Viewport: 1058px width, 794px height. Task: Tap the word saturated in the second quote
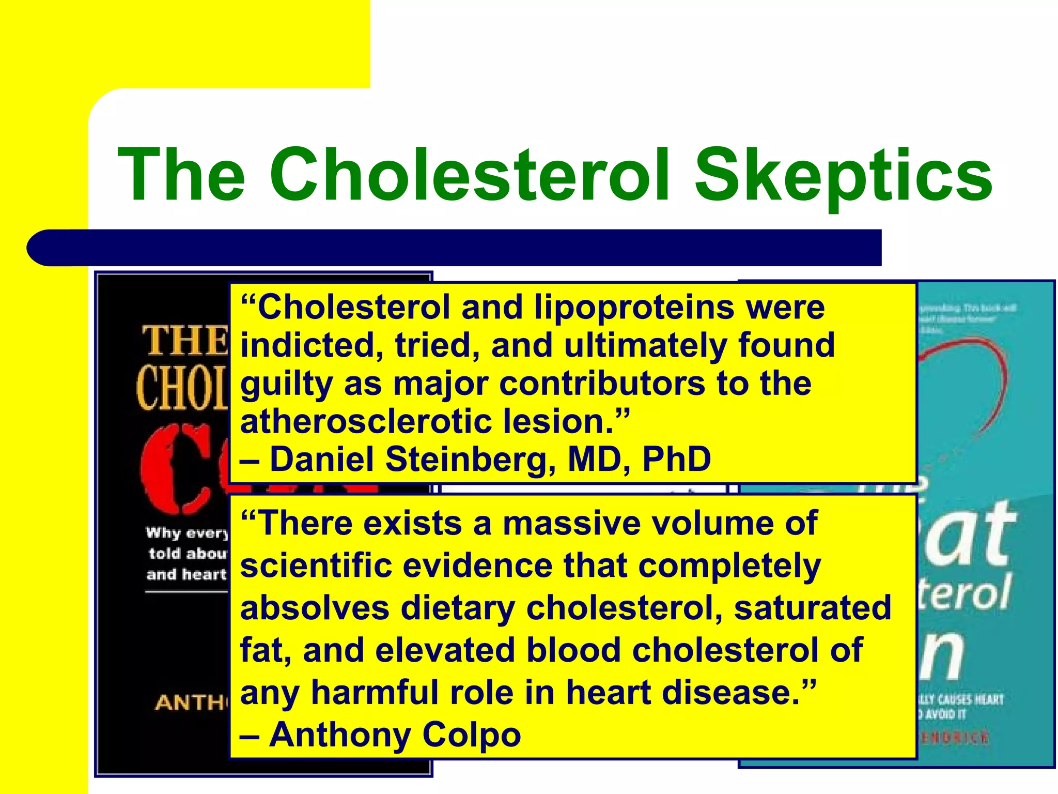pyautogui.click(x=812, y=608)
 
